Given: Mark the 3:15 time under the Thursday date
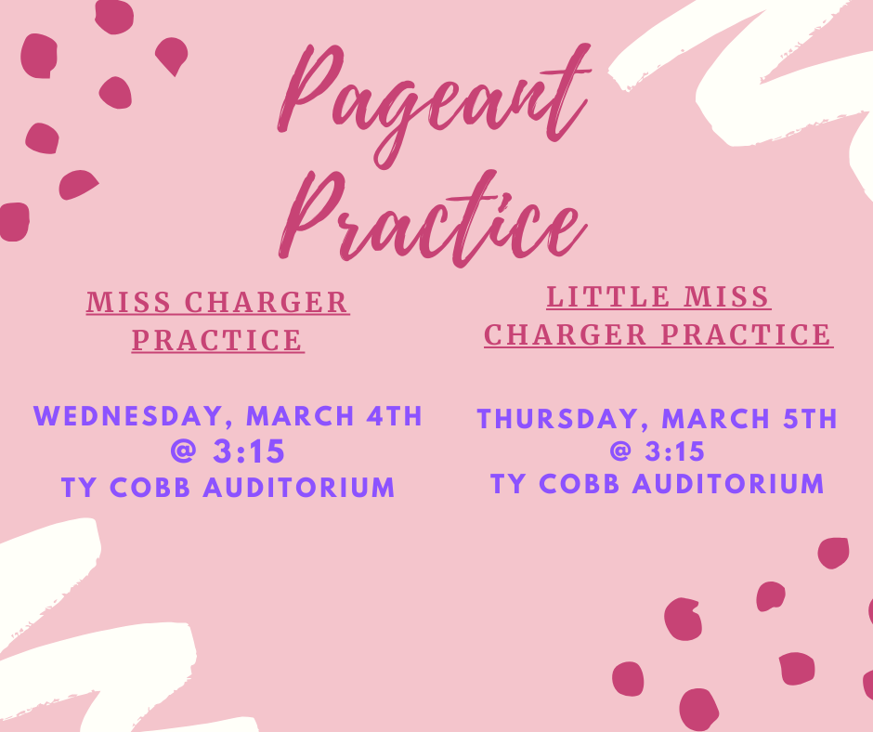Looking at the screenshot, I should (675, 452).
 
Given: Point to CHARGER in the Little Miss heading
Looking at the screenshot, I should (566, 334).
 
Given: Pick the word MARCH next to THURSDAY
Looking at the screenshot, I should (715, 419).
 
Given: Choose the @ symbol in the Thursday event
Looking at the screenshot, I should (621, 452).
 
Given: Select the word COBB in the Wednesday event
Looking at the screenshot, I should (152, 488).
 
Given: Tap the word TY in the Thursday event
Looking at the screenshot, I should (509, 484).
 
